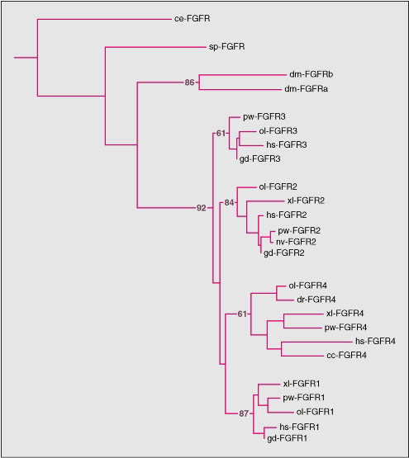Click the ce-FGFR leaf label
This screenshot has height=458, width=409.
point(193,19)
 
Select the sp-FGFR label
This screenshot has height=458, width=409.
point(226,47)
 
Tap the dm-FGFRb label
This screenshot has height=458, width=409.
point(311,74)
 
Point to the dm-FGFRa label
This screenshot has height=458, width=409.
point(306,88)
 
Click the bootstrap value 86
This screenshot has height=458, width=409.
point(189,83)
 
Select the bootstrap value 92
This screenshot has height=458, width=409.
point(202,208)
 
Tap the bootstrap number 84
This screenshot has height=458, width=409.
point(229,202)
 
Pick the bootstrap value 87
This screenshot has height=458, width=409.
point(244,413)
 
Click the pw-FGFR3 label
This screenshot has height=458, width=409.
point(264,116)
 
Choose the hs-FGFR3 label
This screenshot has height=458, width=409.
point(287,144)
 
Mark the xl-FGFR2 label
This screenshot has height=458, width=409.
point(306,201)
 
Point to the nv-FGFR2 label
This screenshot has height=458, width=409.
point(296,242)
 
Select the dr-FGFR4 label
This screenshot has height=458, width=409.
point(316,300)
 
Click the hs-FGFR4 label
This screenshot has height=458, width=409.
point(375,341)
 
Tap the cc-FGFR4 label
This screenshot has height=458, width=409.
point(346,356)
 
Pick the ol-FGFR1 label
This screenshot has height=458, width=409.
point(315,412)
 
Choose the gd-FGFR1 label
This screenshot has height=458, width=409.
point(287,438)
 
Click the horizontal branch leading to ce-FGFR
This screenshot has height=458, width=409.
point(104,19)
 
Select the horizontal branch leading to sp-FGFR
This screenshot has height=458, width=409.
point(155,47)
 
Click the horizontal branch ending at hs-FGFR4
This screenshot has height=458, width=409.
point(317,342)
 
